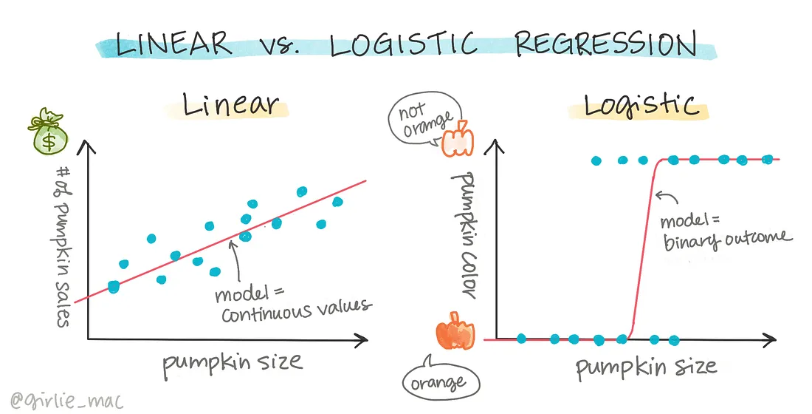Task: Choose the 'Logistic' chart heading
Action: click(640, 105)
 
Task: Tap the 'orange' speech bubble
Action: click(441, 381)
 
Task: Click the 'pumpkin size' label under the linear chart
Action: click(233, 362)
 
